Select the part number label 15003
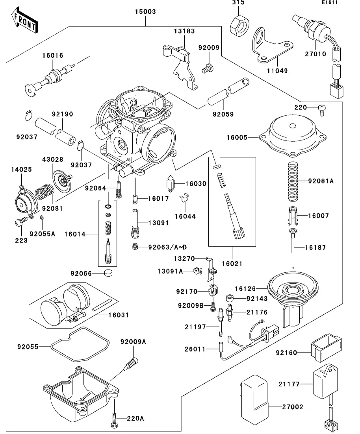pos(145,12)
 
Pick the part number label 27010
pos(315,54)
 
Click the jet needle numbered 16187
pos(293,248)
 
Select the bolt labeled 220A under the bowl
pos(114,419)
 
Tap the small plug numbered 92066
pos(108,273)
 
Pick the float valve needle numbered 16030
pos(171,184)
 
